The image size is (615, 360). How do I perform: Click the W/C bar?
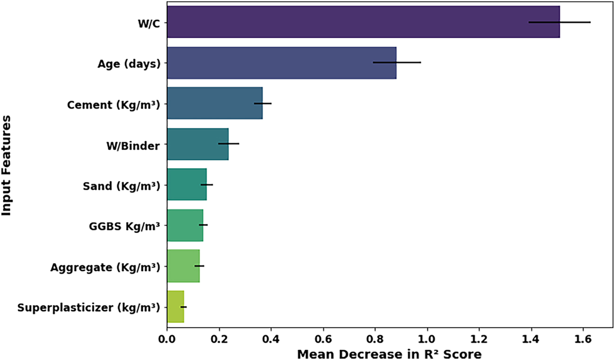363,22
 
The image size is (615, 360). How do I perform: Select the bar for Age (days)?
281,62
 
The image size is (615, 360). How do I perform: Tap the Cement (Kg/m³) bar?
214,103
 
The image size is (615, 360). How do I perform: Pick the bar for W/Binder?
197,144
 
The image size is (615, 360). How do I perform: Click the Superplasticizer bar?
175,307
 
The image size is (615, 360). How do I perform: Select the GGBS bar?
185,225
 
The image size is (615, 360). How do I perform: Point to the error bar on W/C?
560,22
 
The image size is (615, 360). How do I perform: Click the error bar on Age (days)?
397,62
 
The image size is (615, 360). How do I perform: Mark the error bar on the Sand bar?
207,184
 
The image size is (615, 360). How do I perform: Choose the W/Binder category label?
133,145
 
